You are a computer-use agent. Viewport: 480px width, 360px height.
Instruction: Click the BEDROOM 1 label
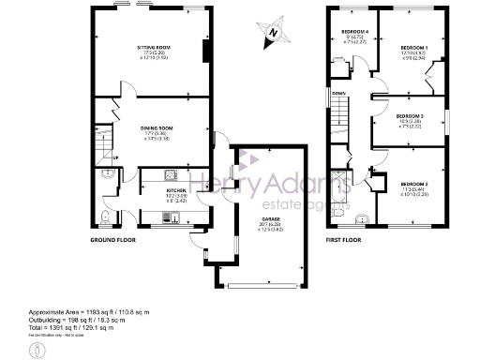[413, 47]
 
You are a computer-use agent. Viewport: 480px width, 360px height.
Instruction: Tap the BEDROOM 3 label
[411, 116]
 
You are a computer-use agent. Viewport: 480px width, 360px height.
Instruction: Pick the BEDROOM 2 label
[413, 183]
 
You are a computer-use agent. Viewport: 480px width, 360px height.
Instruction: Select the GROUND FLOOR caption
[113, 240]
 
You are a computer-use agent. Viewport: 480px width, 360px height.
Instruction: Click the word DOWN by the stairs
[337, 94]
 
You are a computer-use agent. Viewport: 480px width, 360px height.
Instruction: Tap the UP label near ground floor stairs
[115, 157]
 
